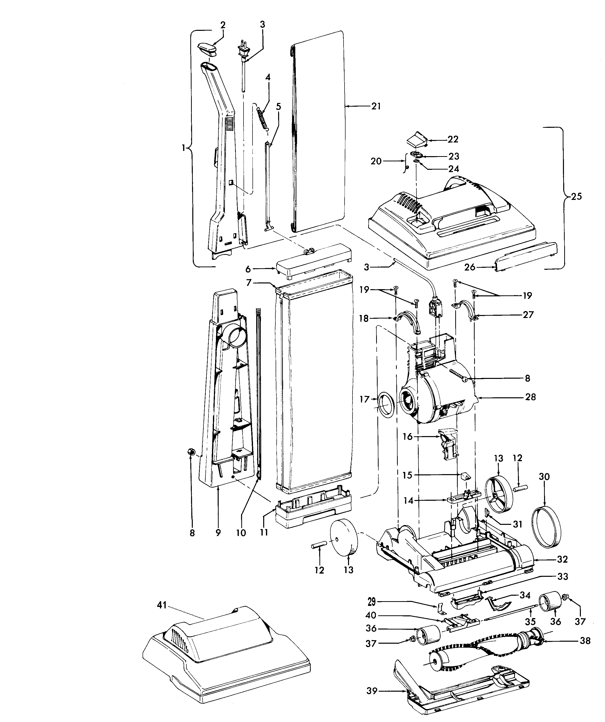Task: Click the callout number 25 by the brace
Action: coord(576,196)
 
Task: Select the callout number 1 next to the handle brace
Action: coord(183,148)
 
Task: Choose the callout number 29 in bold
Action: coord(371,602)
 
